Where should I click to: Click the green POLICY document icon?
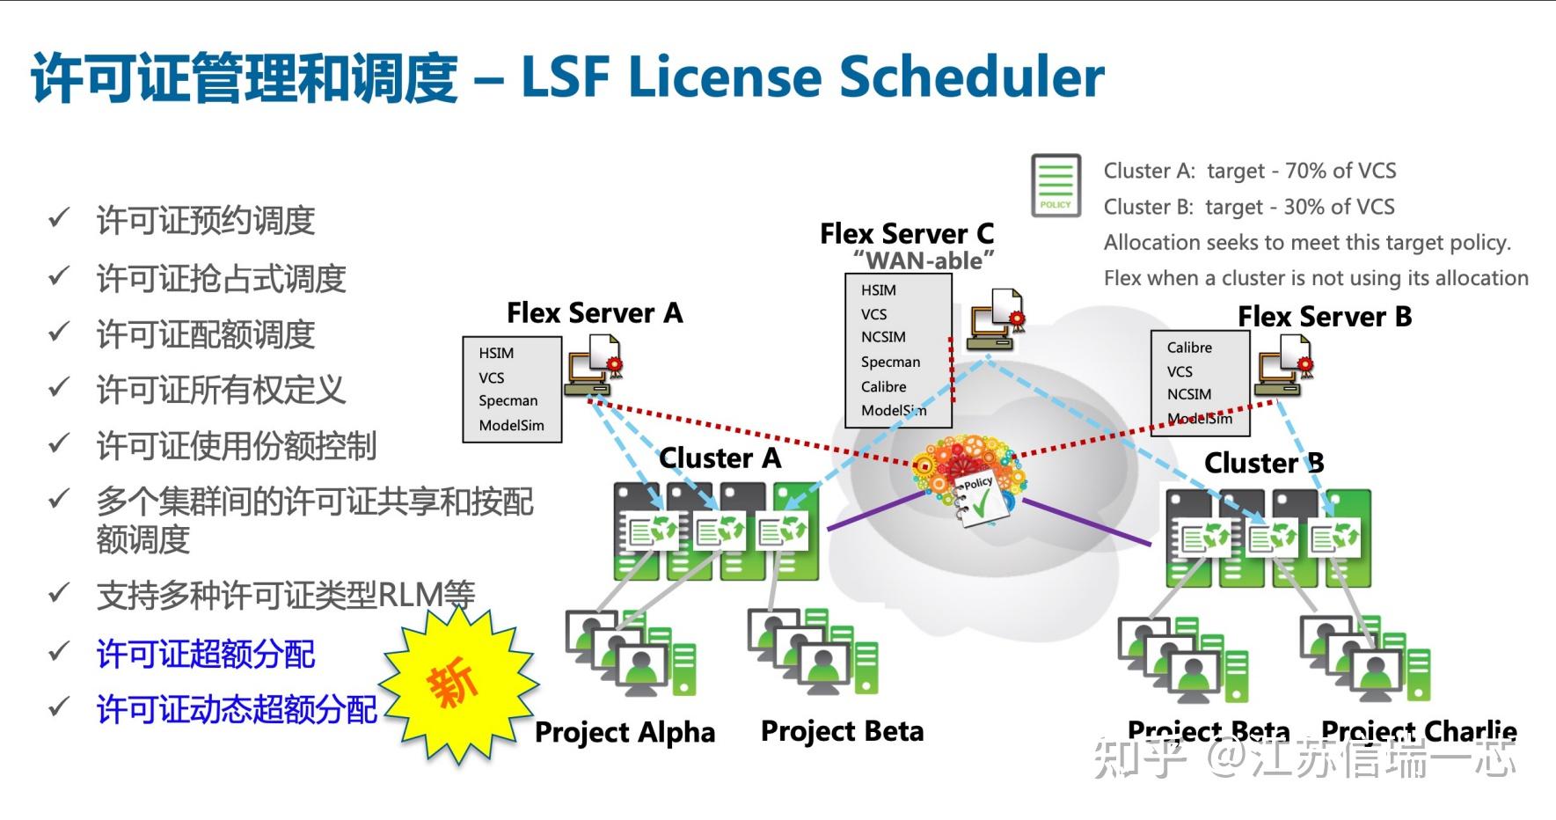[x=1055, y=186]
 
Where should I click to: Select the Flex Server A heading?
[x=595, y=313]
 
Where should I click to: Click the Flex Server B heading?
[x=1324, y=317]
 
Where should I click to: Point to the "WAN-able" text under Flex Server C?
[x=923, y=261]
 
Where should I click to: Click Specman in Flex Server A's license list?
[x=508, y=401]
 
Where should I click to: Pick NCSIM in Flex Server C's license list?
[x=883, y=338]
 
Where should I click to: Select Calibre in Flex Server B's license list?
[x=1189, y=348]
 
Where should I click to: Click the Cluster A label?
[x=720, y=458]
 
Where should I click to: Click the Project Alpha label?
[x=625, y=732]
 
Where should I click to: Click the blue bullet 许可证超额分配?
[x=206, y=655]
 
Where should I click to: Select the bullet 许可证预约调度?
[x=206, y=221]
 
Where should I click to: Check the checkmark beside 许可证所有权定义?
[x=59, y=387]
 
